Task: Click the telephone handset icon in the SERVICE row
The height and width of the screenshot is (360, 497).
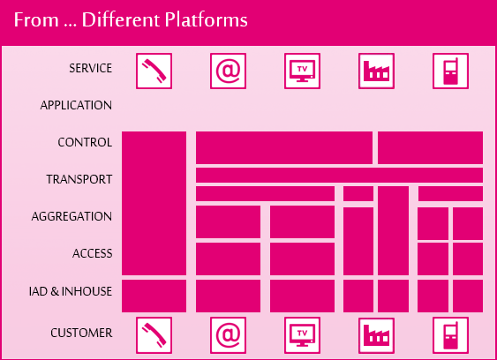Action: click(x=154, y=71)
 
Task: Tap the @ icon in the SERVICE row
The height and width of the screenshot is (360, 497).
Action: click(x=229, y=71)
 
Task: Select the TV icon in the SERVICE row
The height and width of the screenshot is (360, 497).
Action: click(x=303, y=71)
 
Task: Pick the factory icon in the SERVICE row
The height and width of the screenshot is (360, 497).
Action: click(x=377, y=71)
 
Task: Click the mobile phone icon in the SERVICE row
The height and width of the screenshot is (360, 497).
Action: click(x=450, y=71)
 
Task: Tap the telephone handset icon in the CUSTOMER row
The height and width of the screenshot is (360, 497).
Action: click(x=154, y=335)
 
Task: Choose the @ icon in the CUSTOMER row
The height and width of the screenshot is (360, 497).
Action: click(x=229, y=335)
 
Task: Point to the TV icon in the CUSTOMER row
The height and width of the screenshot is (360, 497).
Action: click(x=303, y=335)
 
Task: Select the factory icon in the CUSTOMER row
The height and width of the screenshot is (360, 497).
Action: click(x=377, y=335)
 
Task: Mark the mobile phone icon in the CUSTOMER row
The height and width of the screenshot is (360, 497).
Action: click(x=450, y=335)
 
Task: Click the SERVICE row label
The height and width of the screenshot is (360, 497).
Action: click(x=91, y=68)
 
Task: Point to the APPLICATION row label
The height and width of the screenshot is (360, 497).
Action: click(x=76, y=105)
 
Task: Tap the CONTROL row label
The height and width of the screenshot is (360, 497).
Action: click(x=85, y=142)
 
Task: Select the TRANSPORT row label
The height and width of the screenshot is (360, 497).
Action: click(x=79, y=179)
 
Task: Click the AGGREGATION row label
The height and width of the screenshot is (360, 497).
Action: click(x=72, y=216)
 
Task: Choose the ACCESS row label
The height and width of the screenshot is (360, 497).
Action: click(x=92, y=253)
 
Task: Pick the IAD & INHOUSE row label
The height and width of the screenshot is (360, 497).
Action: click(x=71, y=291)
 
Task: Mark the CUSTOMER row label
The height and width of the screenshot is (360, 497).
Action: click(x=81, y=333)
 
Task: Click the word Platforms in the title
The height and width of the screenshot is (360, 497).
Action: click(x=206, y=19)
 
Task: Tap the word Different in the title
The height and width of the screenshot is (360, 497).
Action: click(x=121, y=19)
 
